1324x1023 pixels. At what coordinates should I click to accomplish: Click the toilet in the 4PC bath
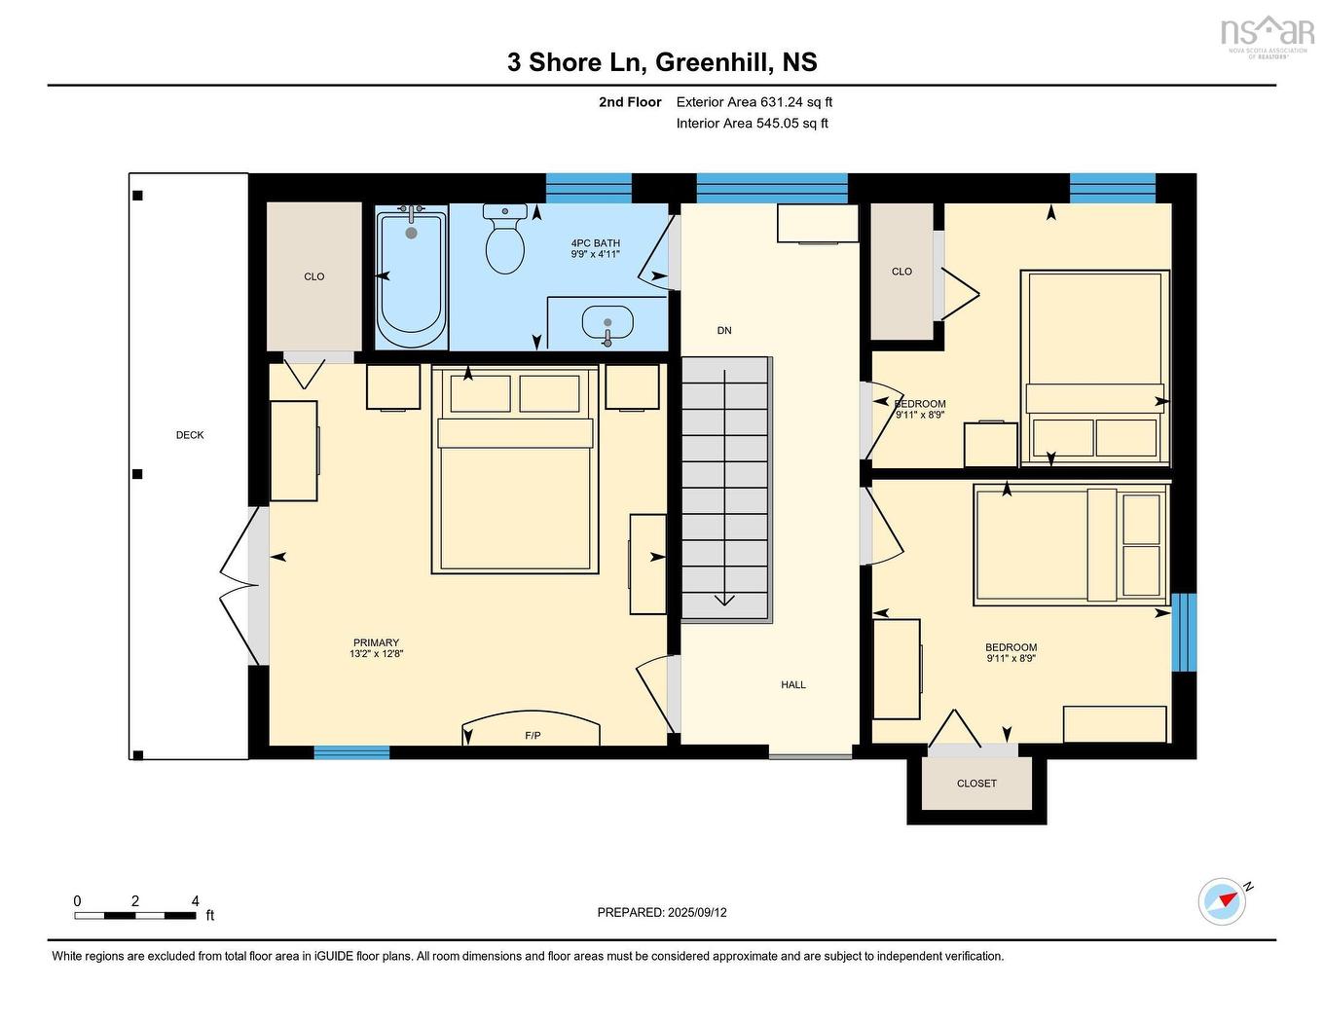pyautogui.click(x=504, y=240)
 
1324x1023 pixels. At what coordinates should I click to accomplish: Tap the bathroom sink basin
pyautogui.click(x=607, y=320)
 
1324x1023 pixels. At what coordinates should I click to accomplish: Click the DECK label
pyautogui.click(x=190, y=435)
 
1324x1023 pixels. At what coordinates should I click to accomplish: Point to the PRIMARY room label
pyautogui.click(x=376, y=642)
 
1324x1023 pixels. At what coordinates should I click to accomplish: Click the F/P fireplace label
pyautogui.click(x=533, y=735)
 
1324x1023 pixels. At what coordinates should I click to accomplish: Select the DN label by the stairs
pyautogui.click(x=724, y=331)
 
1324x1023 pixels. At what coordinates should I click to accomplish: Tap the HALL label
pyautogui.click(x=793, y=685)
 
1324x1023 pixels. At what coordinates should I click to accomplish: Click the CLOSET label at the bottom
pyautogui.click(x=976, y=784)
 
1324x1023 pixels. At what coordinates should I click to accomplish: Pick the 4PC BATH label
pyautogui.click(x=595, y=243)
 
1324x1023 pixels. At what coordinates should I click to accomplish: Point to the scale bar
pyautogui.click(x=135, y=915)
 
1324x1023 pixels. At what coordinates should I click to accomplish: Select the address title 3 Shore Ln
pyautogui.click(x=662, y=62)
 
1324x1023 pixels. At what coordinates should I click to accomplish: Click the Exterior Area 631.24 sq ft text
pyautogui.click(x=754, y=102)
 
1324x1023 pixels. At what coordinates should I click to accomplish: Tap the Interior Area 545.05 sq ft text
pyautogui.click(x=753, y=124)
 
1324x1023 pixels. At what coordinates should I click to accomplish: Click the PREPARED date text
pyautogui.click(x=662, y=913)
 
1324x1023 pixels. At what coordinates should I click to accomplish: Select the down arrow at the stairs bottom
pyautogui.click(x=724, y=598)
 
